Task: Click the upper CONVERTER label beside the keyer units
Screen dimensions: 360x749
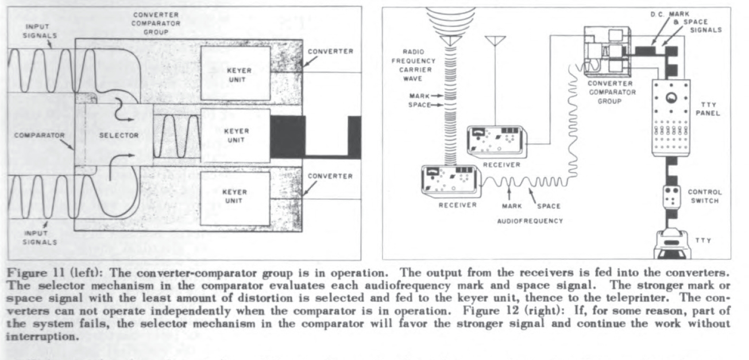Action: coord(330,51)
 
